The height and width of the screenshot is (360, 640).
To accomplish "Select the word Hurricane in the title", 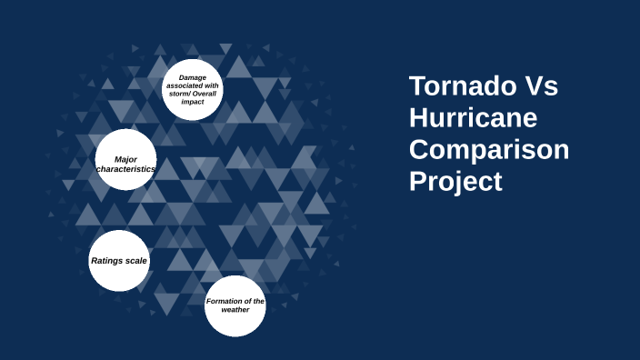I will tap(473, 118).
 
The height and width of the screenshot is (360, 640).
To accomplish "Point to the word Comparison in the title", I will tap(489, 149).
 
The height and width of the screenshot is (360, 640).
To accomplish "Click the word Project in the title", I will tap(455, 181).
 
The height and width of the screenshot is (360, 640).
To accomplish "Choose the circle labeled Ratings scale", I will tap(119, 261).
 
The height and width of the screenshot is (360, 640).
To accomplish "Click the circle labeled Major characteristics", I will tap(125, 160).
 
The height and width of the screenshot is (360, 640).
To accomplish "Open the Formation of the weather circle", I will tap(235, 305).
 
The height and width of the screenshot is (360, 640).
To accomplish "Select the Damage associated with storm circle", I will tap(193, 89).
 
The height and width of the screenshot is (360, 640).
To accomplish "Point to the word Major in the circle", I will tap(125, 159).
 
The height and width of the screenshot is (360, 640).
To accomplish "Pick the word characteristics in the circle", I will tap(125, 169).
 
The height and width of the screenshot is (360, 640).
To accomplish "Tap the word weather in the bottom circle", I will tap(235, 310).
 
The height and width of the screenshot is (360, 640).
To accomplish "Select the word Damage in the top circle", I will tap(193, 77).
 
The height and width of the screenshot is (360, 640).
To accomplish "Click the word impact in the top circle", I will tap(193, 102).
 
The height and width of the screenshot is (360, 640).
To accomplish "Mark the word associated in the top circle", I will tap(185, 85).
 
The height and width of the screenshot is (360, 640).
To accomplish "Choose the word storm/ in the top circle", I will tap(180, 94).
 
